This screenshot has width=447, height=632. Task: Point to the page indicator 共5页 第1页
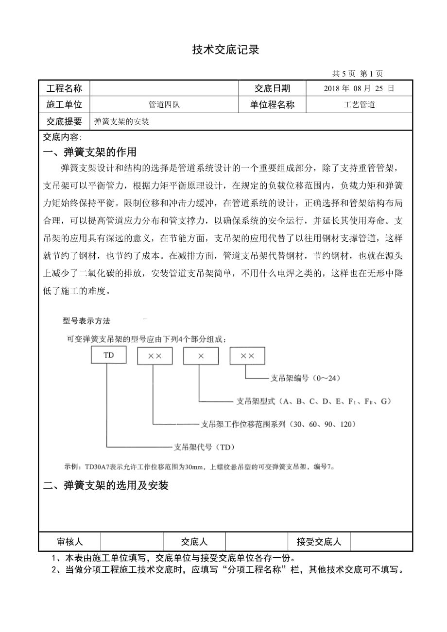click(357, 74)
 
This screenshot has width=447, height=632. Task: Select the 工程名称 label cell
click(64, 88)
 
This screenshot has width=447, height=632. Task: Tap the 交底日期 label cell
click(272, 88)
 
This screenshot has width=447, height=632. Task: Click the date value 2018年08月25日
click(359, 88)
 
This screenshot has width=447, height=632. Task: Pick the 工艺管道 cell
click(359, 105)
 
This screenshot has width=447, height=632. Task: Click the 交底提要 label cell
click(64, 121)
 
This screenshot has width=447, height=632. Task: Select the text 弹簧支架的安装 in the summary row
click(121, 122)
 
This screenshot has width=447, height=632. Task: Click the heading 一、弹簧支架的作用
click(90, 152)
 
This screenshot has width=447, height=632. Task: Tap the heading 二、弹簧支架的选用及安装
click(106, 485)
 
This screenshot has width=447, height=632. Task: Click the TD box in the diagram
click(109, 355)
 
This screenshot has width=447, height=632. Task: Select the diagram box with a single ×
click(200, 356)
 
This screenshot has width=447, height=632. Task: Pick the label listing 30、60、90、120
click(278, 423)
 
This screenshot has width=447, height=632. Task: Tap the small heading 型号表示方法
click(87, 321)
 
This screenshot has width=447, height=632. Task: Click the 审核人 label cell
click(70, 541)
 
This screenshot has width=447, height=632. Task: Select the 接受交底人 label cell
click(319, 541)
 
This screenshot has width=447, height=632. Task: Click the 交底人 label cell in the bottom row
click(194, 541)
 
